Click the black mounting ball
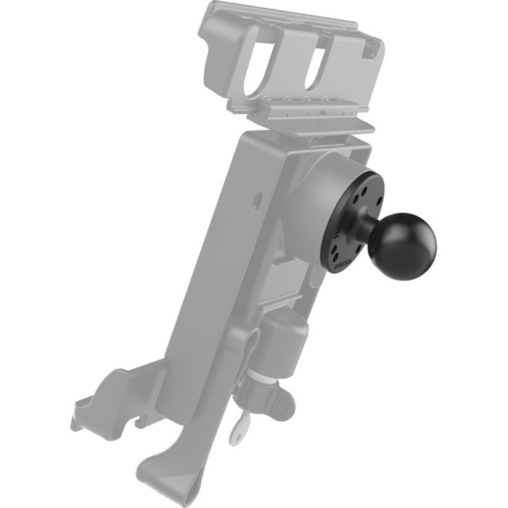[x=401, y=245]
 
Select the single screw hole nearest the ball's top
[x=364, y=194]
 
